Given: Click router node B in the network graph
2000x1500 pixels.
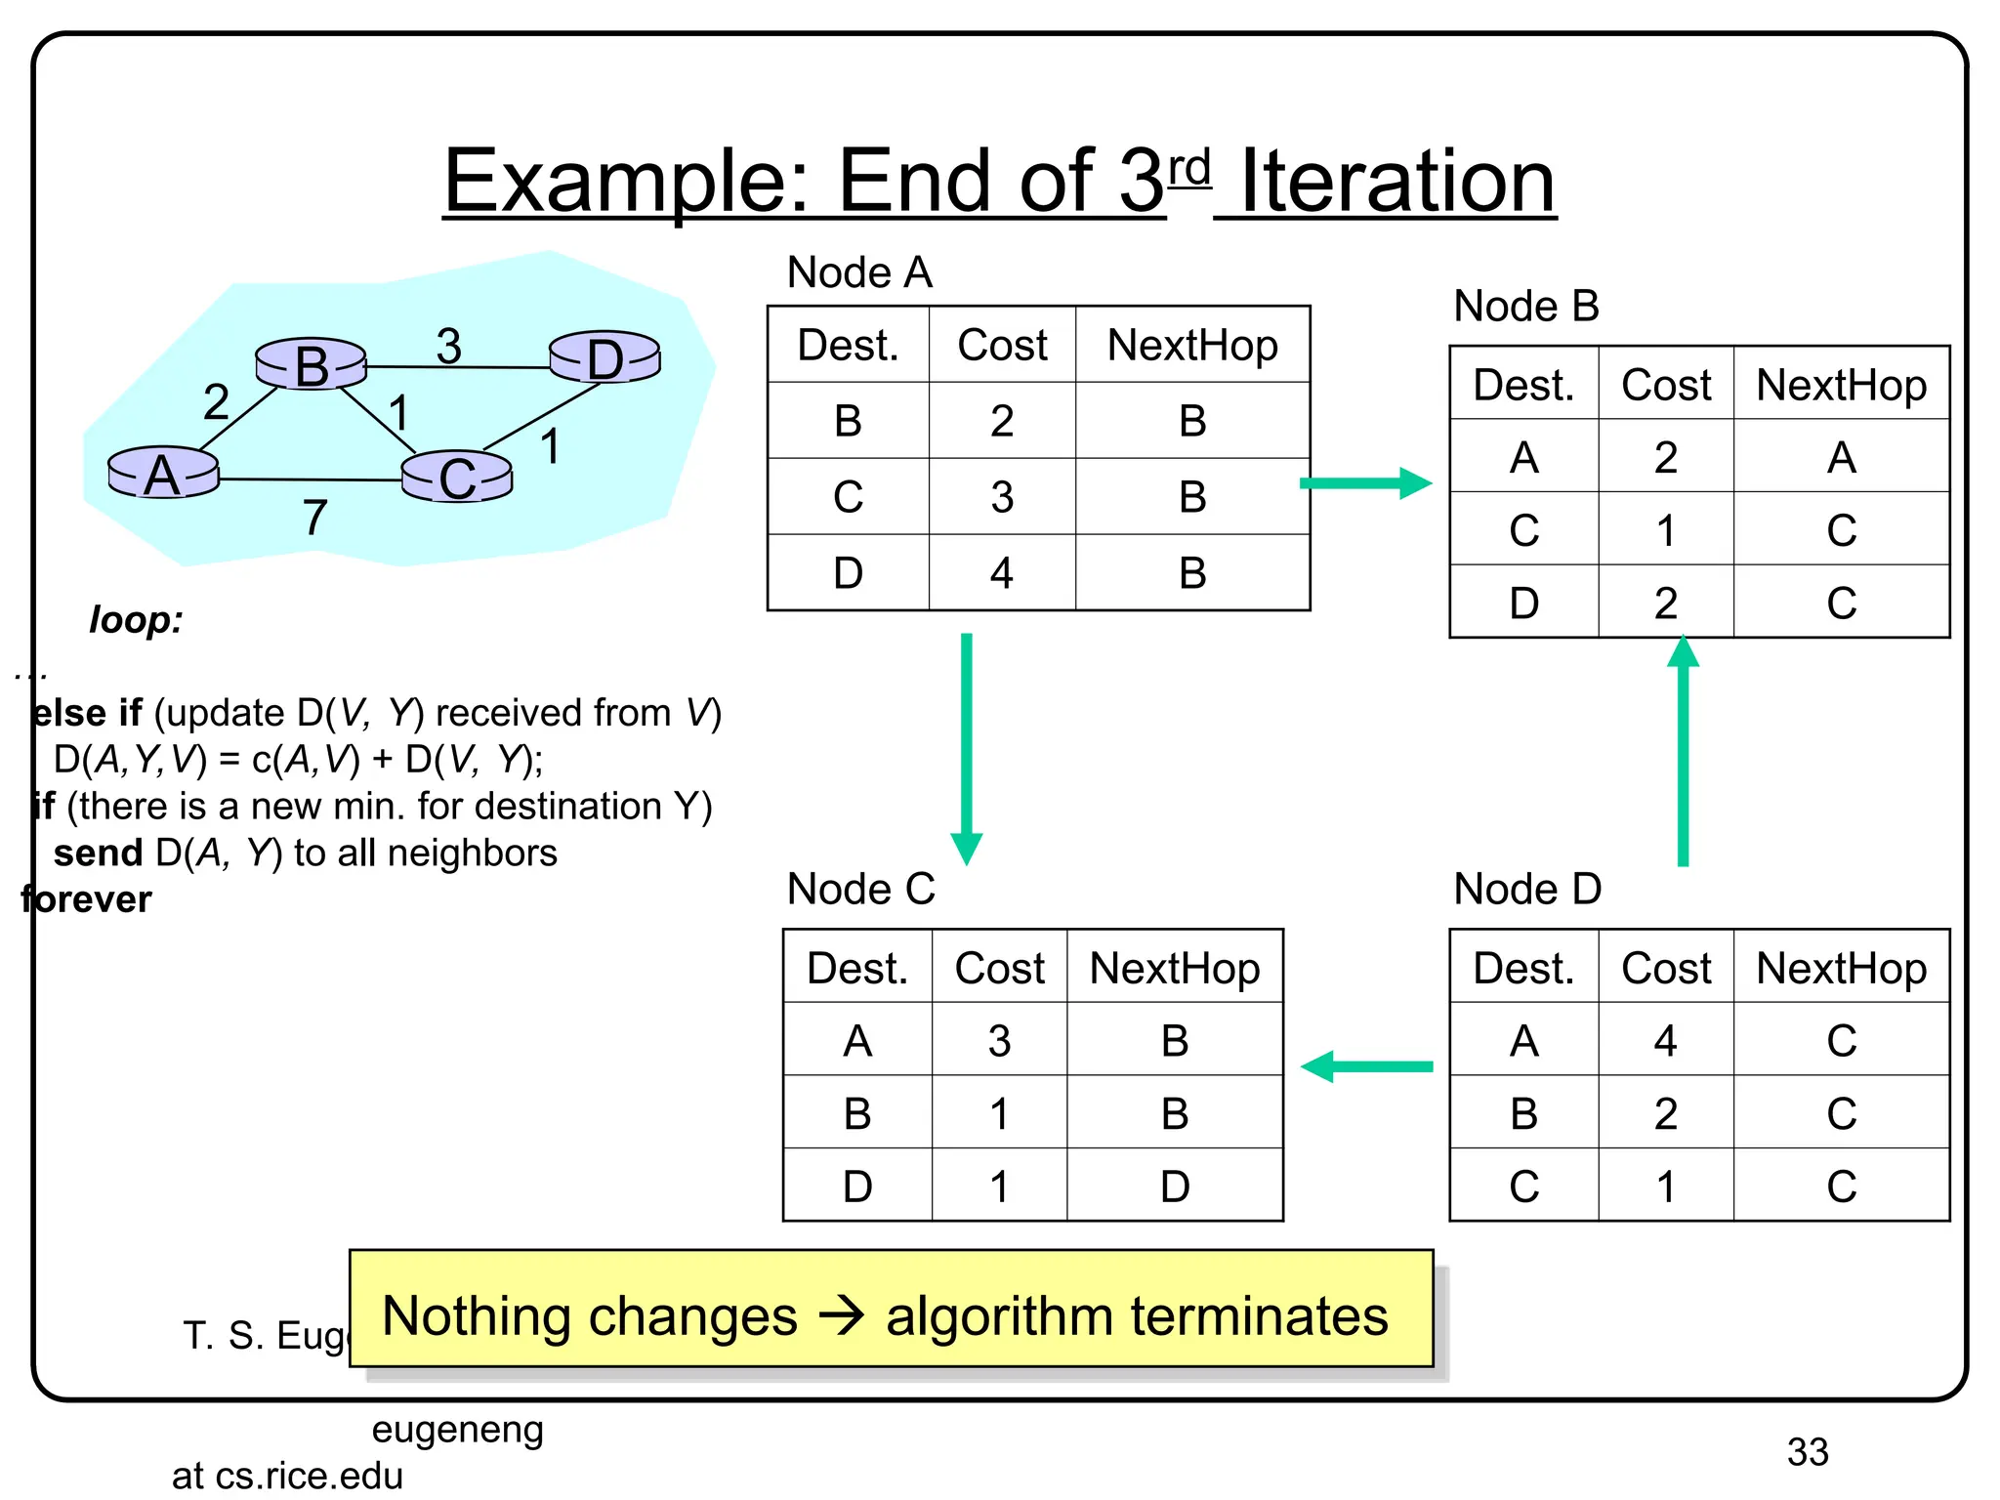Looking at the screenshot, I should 311,364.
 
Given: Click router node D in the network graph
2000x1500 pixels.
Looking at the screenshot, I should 604,357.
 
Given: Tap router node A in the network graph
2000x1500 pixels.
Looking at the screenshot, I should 163,474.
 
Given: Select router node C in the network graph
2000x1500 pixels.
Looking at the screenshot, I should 457,478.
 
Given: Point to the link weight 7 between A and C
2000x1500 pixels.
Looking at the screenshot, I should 313,517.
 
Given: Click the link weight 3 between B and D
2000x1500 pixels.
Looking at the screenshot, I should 448,346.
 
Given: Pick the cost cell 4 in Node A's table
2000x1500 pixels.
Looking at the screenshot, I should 1001,573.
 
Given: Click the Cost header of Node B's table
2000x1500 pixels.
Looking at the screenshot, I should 1665,385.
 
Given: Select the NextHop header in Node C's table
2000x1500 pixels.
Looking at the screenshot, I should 1174,968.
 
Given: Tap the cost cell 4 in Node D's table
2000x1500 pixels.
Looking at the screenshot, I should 1665,1041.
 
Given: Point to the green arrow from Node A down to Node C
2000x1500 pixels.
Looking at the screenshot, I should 966,747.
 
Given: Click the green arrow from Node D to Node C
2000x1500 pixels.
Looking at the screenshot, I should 1366,1066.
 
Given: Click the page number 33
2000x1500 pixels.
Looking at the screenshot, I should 1807,1452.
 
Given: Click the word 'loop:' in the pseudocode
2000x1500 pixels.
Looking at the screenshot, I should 136,620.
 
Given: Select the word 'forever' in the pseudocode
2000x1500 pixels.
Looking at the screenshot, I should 87,899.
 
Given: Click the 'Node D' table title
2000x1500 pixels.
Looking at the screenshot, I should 1527,889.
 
